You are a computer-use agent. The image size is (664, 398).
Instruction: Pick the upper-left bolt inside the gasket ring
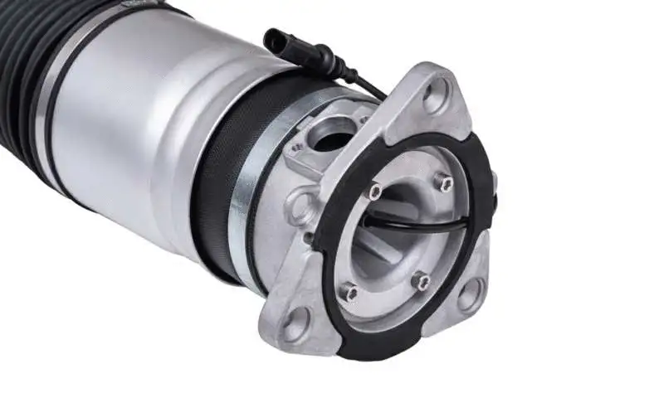[375, 192]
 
